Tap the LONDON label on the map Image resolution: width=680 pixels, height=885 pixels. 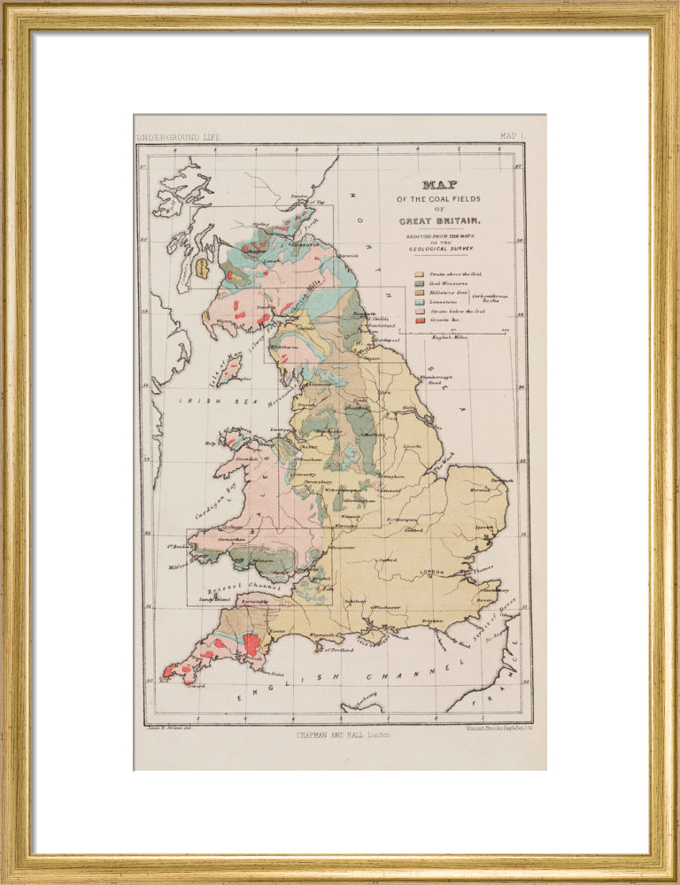click(x=433, y=573)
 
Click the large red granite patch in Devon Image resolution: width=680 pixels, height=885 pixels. click(x=252, y=643)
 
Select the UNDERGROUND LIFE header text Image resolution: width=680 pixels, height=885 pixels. click(x=177, y=137)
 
